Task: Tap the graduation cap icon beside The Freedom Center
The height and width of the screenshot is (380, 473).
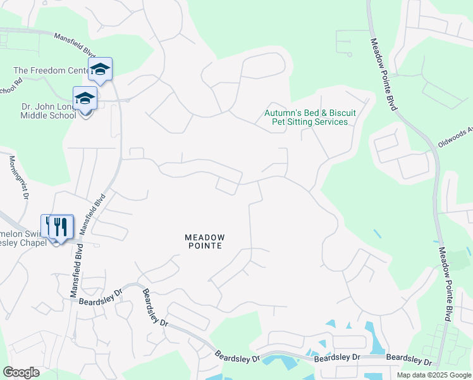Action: coord(100,68)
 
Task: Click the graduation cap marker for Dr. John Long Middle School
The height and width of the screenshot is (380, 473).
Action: coord(85,98)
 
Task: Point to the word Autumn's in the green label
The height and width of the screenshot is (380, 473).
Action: coord(282,113)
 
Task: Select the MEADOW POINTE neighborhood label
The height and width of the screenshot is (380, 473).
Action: coord(204,241)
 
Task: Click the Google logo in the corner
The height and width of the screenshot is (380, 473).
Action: coord(21,372)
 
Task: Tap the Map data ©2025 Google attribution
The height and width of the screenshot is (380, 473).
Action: coord(433,375)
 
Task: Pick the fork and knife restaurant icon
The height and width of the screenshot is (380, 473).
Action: coord(60,226)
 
